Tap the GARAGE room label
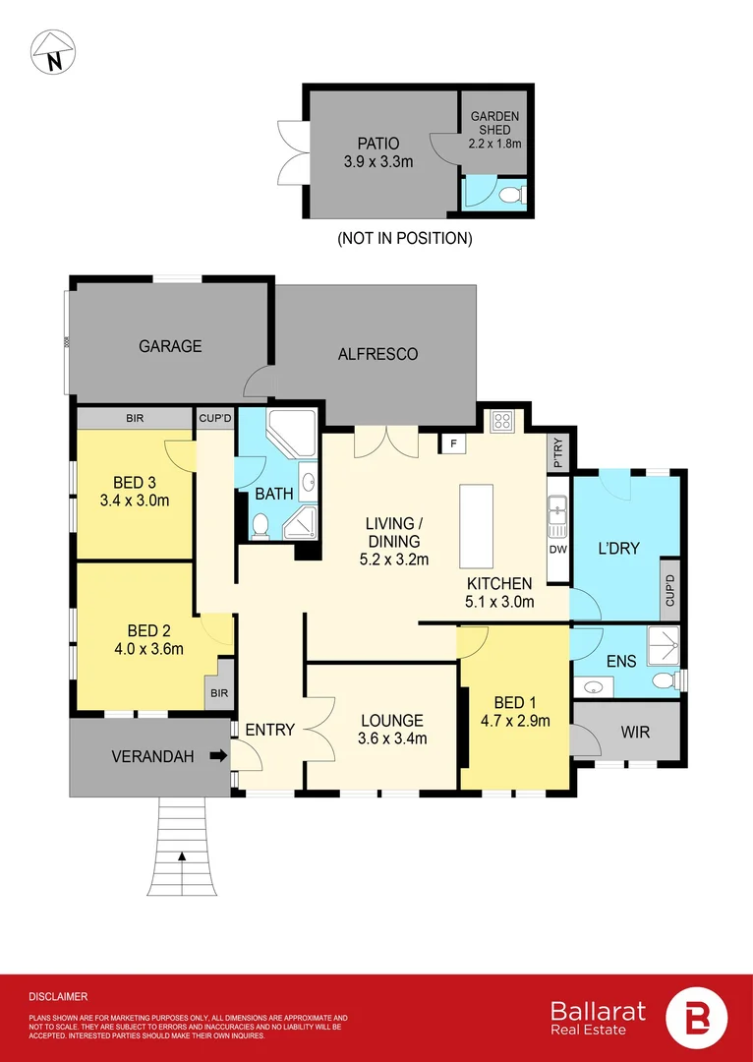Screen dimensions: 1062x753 pos(170,346)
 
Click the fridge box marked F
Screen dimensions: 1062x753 pos(452,443)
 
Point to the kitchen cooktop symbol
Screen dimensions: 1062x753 pos(501,421)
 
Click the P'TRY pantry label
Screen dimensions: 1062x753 pos(558,453)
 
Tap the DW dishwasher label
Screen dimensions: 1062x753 pos(558,549)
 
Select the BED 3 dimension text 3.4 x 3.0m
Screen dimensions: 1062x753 pos(135,500)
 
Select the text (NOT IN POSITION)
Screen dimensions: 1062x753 pos(404,238)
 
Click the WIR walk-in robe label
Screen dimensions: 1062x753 pos(635,733)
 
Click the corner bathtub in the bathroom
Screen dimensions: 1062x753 pos(293,437)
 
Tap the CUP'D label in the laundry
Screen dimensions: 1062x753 pos(668,587)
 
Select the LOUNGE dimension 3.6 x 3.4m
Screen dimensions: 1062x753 pos(391,738)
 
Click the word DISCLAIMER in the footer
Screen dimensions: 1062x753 pos(58,996)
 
